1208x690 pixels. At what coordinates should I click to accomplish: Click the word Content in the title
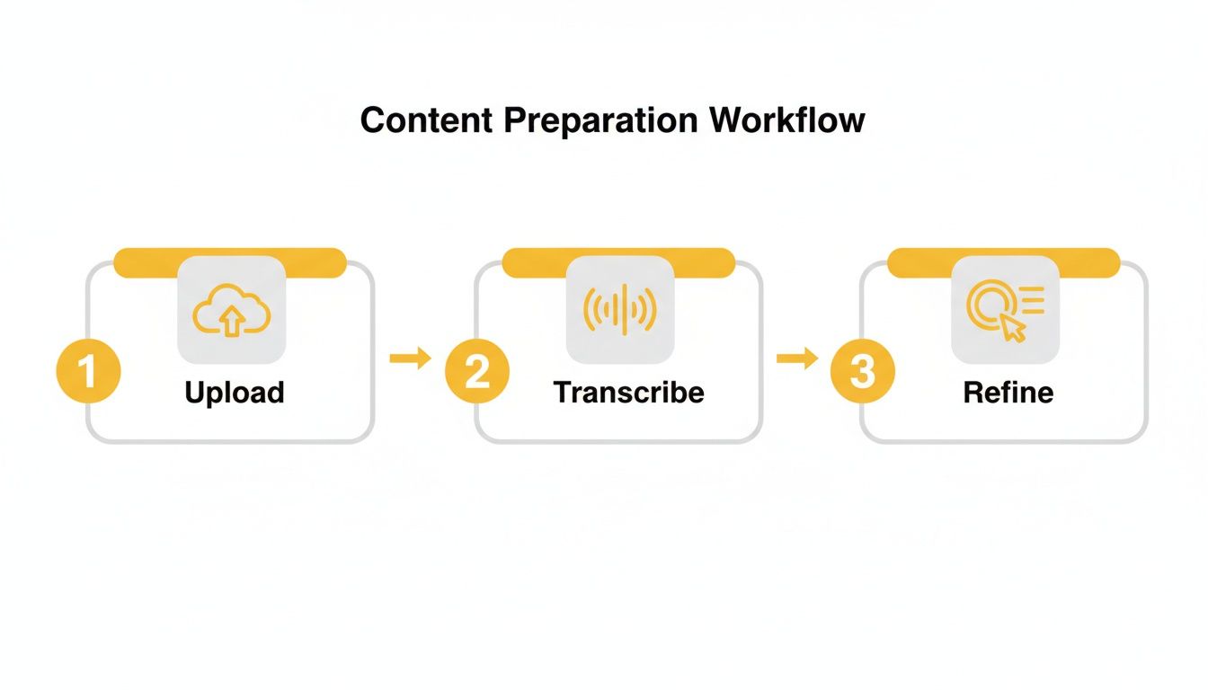[x=419, y=119]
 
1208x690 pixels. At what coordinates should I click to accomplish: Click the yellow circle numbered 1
[x=88, y=372]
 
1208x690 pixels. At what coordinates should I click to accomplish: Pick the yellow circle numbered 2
[x=476, y=372]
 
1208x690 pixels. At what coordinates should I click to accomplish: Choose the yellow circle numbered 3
[x=862, y=372]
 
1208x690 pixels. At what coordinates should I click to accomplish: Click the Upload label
[x=234, y=393]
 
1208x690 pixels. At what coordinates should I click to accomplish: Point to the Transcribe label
[x=628, y=393]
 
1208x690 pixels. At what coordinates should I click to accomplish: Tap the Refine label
[x=1008, y=393]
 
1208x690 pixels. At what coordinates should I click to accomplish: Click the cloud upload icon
[x=232, y=310]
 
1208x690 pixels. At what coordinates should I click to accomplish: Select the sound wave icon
[x=620, y=310]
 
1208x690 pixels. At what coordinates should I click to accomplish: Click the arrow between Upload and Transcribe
[x=410, y=358]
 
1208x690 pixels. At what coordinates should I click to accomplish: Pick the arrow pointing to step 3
[x=796, y=358]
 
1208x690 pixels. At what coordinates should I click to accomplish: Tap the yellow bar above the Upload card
[x=144, y=262]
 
